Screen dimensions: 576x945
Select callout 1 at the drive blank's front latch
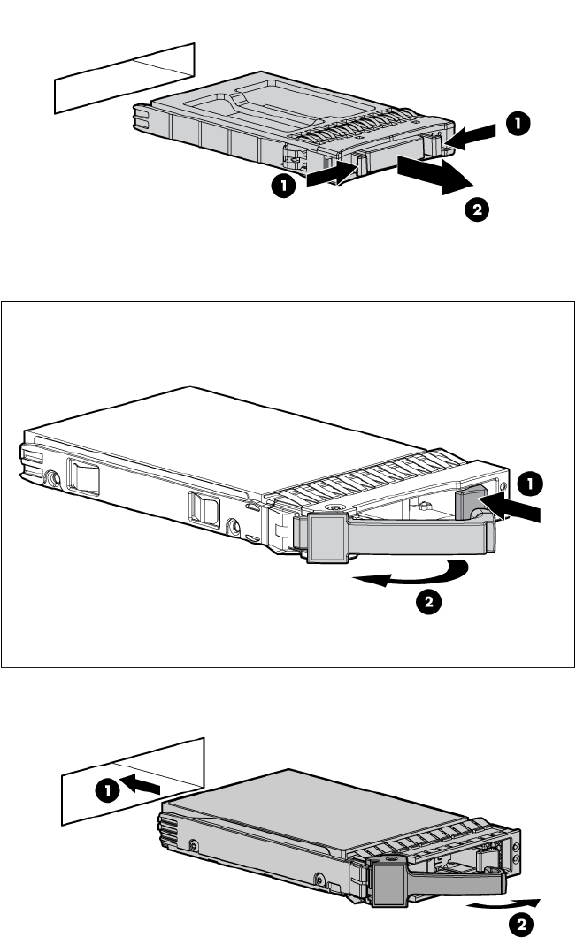[283, 185]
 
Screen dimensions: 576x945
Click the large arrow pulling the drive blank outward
[434, 174]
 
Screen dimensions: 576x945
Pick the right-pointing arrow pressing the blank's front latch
[330, 178]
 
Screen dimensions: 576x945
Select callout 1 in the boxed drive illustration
[528, 484]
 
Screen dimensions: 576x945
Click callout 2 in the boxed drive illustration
[426, 603]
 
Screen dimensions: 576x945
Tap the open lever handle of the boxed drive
[398, 536]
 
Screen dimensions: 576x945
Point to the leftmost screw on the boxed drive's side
[54, 478]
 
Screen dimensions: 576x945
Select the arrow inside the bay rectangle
[147, 781]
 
